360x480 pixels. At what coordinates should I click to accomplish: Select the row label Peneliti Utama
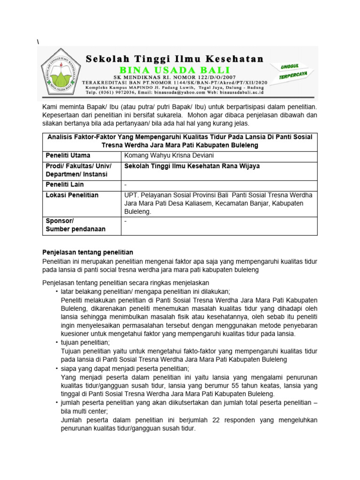(68, 155)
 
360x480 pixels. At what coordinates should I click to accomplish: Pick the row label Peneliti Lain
(64, 185)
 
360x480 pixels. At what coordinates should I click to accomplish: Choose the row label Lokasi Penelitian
(72, 195)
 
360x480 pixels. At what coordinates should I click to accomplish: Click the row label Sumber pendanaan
(75, 229)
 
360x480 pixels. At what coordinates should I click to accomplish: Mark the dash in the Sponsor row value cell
(126, 220)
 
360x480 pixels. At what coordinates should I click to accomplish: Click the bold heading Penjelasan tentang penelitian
(88, 252)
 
